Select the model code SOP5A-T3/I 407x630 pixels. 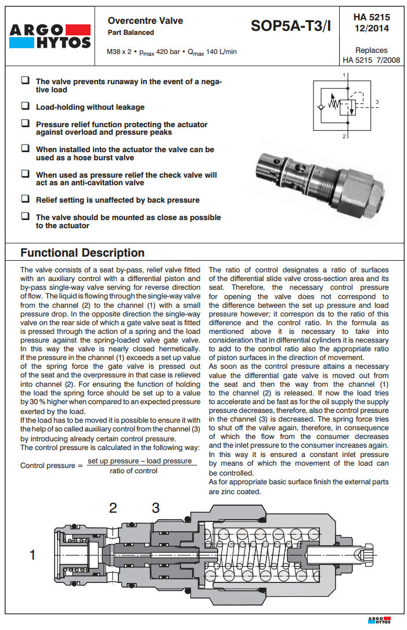(291, 26)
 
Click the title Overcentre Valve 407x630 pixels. (145, 20)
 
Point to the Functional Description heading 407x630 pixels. (82, 253)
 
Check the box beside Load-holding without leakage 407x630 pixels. (26, 106)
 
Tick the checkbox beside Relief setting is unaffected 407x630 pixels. (26, 199)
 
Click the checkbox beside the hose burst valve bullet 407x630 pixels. (26, 149)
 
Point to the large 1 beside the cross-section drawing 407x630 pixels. (33, 555)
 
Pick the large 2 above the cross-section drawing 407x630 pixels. (113, 508)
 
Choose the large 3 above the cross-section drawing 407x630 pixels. (156, 508)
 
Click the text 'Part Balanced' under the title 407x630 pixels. (131, 33)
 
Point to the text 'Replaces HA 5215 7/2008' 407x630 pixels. (371, 55)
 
